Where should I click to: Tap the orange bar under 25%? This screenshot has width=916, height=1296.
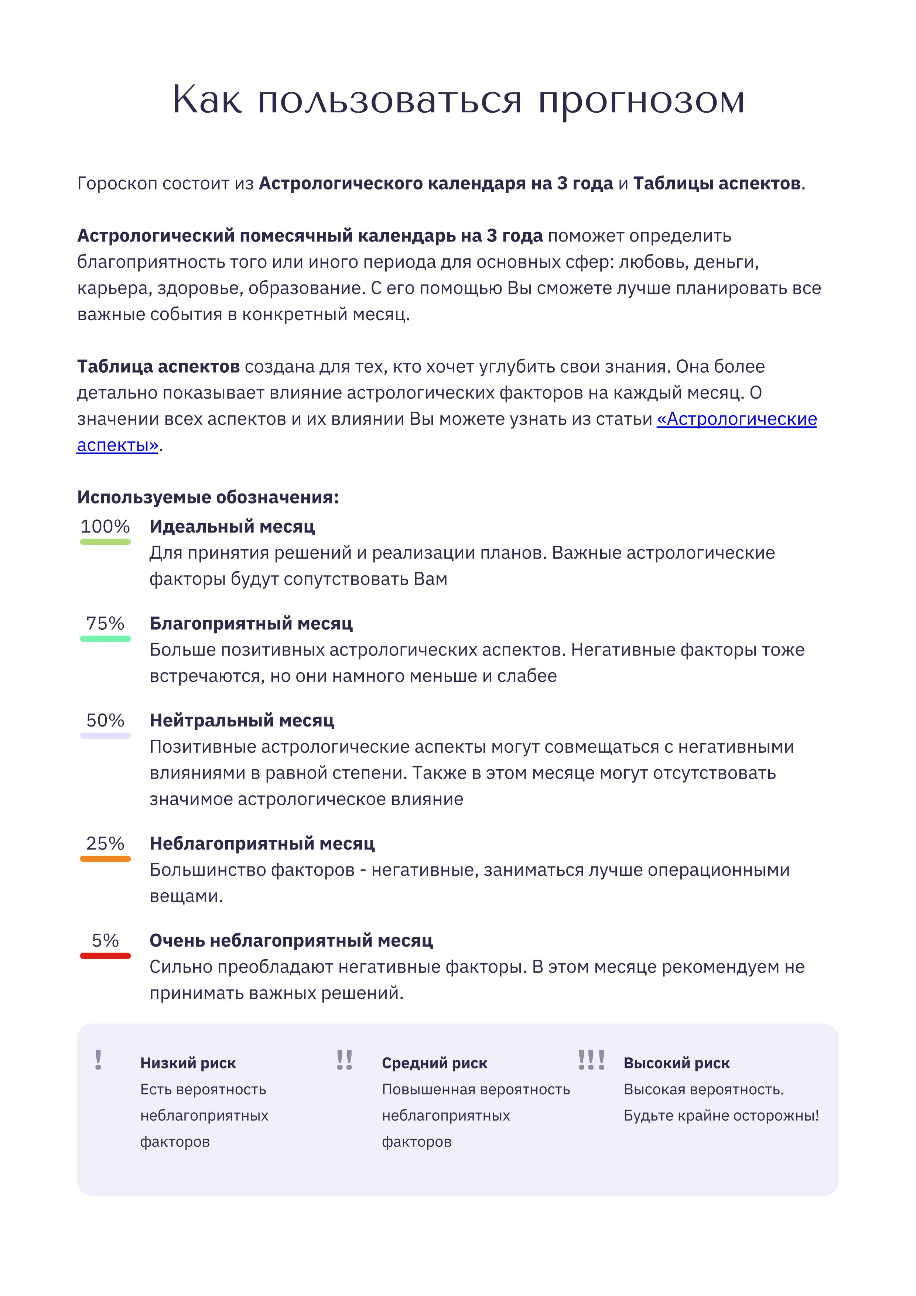click(x=105, y=859)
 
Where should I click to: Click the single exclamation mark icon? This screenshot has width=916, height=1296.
click(x=98, y=1060)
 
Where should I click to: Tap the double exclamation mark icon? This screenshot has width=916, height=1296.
click(x=344, y=1060)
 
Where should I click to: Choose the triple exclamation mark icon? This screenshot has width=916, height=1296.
click(x=591, y=1060)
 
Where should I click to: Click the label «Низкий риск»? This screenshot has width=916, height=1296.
click(x=188, y=1063)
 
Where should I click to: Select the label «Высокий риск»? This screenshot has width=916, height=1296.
click(x=676, y=1063)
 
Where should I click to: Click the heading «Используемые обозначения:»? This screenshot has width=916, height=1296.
click(x=208, y=497)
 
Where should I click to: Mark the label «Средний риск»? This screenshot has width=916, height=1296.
click(x=434, y=1063)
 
